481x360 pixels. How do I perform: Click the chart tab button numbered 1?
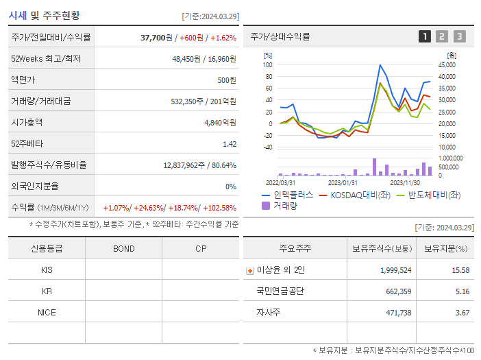[425, 36]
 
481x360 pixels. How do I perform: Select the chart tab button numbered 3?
[459, 36]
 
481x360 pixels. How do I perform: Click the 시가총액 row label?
[27, 122]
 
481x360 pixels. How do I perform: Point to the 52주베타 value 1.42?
[230, 144]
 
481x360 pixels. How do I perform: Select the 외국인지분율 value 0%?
[230, 186]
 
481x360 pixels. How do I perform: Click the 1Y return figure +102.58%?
[216, 207]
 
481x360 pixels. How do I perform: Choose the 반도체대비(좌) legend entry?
[429, 195]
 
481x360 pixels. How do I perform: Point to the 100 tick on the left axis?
[268, 65]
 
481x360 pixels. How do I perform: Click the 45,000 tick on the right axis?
[447, 65]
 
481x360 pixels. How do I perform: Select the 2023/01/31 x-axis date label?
[342, 182]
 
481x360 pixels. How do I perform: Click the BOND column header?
[123, 248]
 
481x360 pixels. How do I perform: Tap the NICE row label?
[47, 312]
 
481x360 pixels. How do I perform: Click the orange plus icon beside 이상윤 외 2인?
[249, 270]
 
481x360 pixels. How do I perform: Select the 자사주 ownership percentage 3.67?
[461, 312]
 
